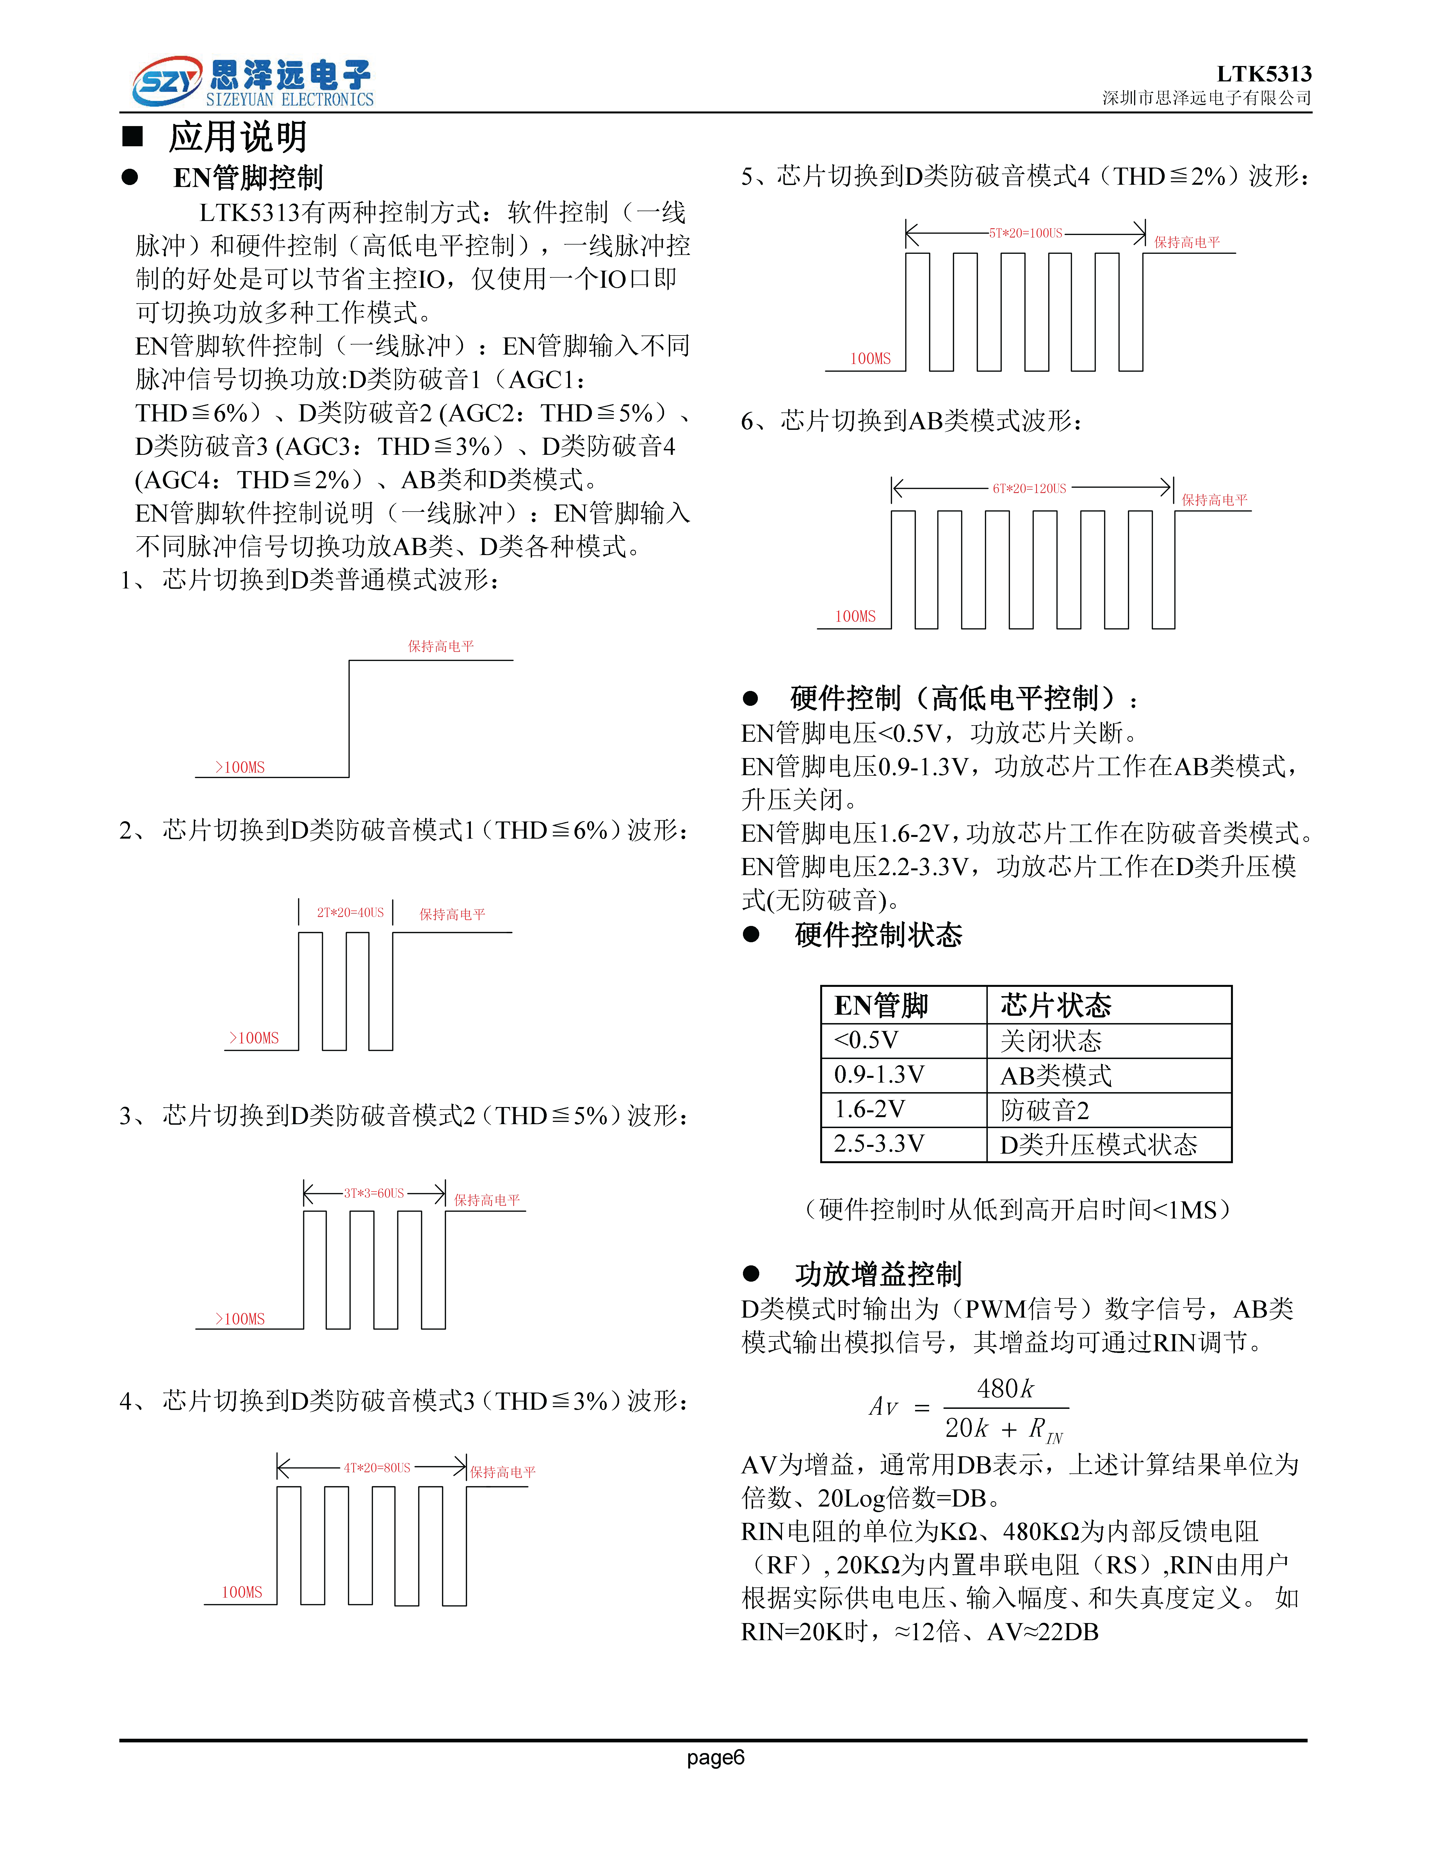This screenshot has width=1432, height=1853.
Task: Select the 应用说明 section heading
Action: click(238, 137)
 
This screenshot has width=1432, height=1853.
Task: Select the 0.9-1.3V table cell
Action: click(879, 1075)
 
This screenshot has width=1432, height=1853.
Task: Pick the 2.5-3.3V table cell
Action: click(879, 1144)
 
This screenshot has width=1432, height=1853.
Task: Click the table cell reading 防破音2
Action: click(1044, 1110)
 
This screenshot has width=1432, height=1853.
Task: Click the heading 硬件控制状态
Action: click(878, 935)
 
